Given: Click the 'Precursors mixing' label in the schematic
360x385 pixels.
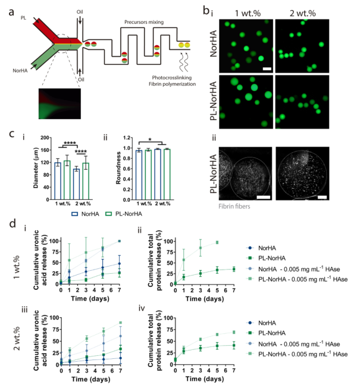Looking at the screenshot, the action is [144, 22].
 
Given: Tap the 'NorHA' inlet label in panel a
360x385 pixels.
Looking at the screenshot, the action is [20, 71].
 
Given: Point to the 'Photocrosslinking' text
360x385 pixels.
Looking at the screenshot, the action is [171, 77].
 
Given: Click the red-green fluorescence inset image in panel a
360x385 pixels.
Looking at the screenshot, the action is [60, 104].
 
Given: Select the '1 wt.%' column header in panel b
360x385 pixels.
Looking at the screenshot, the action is [248, 13].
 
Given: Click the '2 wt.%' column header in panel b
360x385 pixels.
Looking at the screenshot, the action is [302, 13].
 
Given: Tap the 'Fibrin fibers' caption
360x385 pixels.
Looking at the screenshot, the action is [234, 206].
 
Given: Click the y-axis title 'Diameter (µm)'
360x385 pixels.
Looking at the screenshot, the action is [36, 168].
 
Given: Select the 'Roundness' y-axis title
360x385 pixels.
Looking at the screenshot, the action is [118, 168].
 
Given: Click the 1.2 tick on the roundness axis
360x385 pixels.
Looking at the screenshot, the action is [127, 137].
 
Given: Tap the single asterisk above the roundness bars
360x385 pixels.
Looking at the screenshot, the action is [150, 140].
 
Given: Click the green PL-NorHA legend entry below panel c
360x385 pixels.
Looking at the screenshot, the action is [124, 214].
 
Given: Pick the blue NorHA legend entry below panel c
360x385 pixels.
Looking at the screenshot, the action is [85, 214].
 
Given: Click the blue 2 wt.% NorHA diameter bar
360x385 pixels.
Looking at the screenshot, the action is [76, 184].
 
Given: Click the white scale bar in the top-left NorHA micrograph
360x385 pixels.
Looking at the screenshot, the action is [267, 69].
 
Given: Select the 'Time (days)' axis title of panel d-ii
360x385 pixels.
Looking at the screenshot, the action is [205, 299].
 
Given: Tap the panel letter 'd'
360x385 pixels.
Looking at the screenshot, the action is [12, 223].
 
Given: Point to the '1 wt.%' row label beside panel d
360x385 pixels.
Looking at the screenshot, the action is [17, 268].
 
